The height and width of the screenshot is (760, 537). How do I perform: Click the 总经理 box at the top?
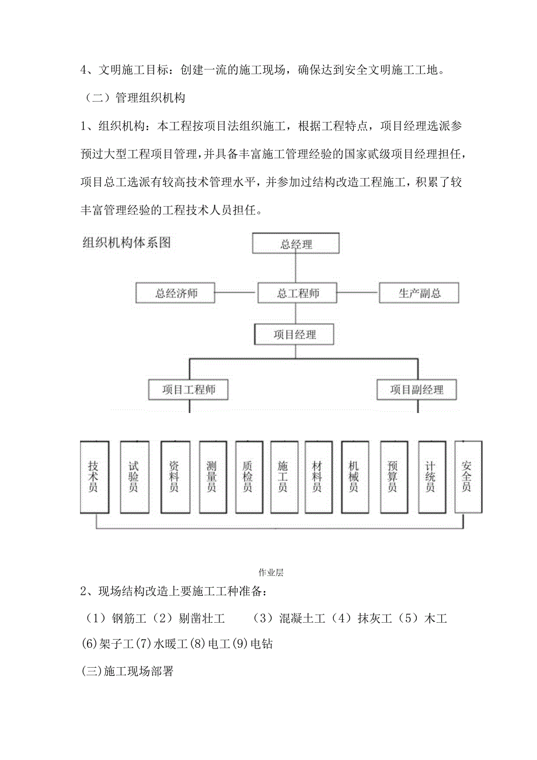pos(296,244)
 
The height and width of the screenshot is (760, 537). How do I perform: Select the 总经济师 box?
pos(176,293)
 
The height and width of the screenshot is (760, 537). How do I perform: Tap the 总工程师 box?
pos(298,293)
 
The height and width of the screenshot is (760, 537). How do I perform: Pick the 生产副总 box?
pos(419,293)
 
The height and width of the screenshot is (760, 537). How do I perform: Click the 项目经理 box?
pos(295,335)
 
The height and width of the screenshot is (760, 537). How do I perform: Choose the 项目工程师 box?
pos(188,390)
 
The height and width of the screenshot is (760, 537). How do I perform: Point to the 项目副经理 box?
pos(417,390)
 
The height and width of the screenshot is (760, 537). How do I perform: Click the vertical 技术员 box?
pos(94,476)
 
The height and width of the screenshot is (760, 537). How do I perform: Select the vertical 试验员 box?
pos(134,476)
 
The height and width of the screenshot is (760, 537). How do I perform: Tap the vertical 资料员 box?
pos(174,476)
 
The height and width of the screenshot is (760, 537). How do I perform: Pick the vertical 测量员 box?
pos(212,476)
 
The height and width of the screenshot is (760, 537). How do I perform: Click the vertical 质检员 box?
pos(247,476)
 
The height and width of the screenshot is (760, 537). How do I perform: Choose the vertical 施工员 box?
pos(283,476)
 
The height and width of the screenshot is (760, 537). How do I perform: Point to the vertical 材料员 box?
pos(318,476)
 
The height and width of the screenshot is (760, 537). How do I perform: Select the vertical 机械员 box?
pos(354,476)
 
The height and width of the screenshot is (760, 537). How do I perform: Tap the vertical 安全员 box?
pos(466,476)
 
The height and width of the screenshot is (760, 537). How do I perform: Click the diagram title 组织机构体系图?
pos(126,243)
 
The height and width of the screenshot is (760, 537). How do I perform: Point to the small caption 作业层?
pos(270,572)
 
